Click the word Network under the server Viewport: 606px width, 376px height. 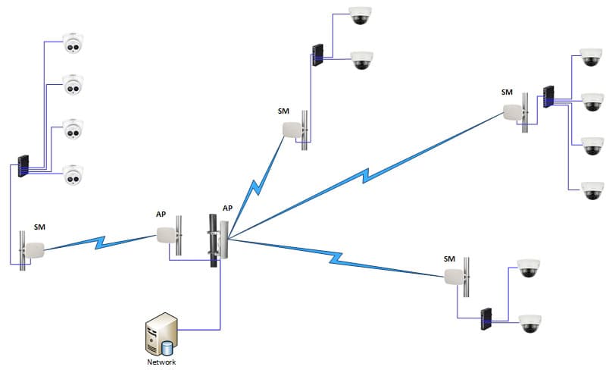tap(161, 362)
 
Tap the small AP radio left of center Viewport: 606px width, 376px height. tap(170, 234)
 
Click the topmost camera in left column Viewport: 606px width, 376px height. tap(73, 45)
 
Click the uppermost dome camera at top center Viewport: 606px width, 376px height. tap(360, 16)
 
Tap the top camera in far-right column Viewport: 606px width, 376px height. tap(591, 58)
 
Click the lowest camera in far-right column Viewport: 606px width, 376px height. tap(591, 190)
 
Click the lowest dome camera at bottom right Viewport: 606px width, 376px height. tap(528, 324)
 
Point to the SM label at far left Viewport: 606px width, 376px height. tap(40, 227)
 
